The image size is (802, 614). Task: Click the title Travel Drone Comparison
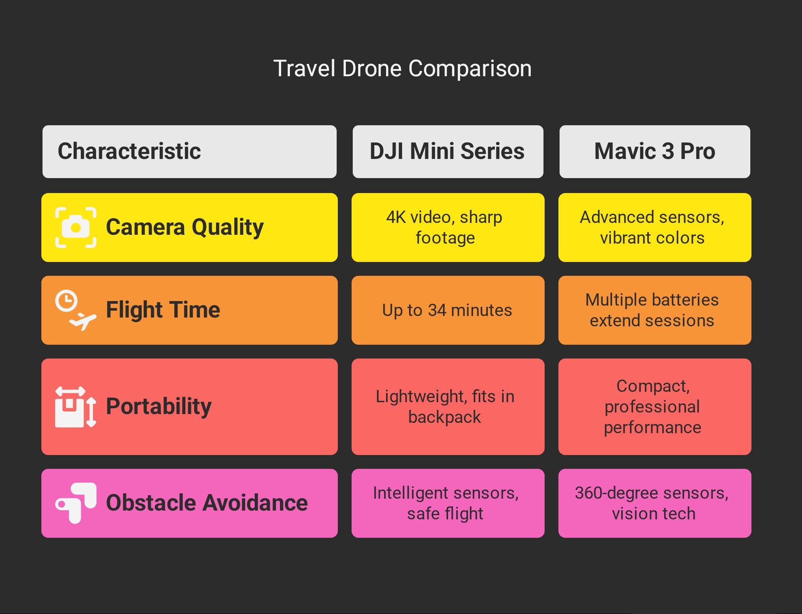click(x=403, y=69)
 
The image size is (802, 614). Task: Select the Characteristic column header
click(x=190, y=151)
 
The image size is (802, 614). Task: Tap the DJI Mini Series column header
click(x=448, y=151)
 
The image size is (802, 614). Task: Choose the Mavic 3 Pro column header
click(x=655, y=151)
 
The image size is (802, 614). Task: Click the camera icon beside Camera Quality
click(x=76, y=228)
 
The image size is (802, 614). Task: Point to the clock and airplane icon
click(x=76, y=310)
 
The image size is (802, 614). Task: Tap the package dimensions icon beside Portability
click(x=76, y=407)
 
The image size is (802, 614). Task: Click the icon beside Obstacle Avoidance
click(x=76, y=503)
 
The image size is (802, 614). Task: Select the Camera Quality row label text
click(x=185, y=227)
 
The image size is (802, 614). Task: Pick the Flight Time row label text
click(x=163, y=309)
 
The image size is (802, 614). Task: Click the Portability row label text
click(x=159, y=406)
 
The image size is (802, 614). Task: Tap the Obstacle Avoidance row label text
click(x=207, y=503)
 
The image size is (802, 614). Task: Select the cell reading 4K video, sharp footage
click(x=448, y=228)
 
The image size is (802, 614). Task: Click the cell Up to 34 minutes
click(x=448, y=310)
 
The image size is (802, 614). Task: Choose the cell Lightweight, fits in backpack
click(x=448, y=407)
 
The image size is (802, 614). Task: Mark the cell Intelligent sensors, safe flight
click(x=448, y=503)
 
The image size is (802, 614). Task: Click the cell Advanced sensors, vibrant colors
click(x=655, y=228)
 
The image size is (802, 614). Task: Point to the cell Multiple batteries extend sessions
click(x=655, y=310)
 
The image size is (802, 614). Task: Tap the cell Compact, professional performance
click(x=655, y=407)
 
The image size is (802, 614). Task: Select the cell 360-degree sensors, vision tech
click(x=655, y=503)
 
